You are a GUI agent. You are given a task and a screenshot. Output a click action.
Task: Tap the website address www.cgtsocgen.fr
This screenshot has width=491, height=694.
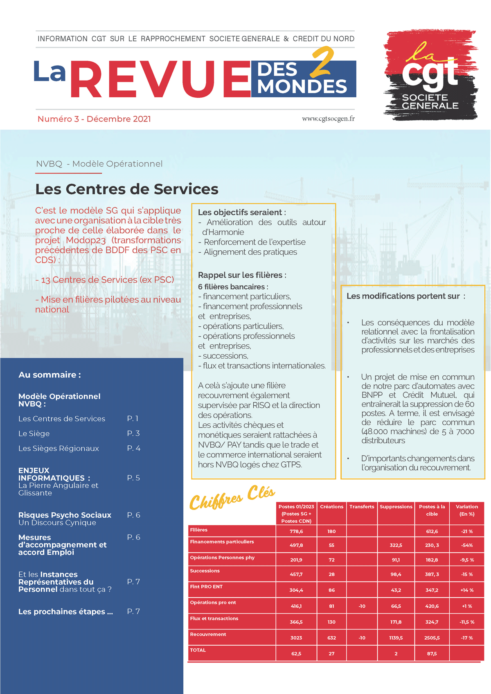pos(328,119)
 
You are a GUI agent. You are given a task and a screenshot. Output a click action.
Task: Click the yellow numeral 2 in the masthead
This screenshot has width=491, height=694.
pos(322,62)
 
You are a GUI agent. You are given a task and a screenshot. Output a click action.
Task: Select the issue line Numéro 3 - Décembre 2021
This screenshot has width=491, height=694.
pos(94,119)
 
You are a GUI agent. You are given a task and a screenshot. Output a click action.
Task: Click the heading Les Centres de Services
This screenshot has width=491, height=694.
pos(127,189)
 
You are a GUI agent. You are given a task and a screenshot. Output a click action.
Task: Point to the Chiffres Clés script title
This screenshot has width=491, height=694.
pos(232,496)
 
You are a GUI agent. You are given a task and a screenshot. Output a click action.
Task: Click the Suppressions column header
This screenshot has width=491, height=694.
pos(396,507)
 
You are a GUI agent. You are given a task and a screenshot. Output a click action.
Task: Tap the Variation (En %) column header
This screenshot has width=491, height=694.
pos(466,510)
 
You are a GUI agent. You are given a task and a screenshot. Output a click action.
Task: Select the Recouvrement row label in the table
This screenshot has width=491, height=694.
pos(208,634)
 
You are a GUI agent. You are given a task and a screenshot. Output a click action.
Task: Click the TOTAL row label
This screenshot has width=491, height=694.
pos(198,650)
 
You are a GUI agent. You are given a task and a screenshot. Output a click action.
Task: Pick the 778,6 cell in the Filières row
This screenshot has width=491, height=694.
pos(296,531)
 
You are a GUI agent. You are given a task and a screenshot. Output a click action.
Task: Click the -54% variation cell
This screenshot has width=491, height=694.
pos(466,545)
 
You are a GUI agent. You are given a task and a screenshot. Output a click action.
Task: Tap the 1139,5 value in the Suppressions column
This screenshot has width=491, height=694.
pos(396,638)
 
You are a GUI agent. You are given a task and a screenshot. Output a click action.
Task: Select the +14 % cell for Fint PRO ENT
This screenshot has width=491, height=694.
pos(466,590)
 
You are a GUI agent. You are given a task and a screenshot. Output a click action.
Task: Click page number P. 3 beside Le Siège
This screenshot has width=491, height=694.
pos(133,433)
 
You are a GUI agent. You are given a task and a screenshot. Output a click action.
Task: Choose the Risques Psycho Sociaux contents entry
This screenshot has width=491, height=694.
pos(65,515)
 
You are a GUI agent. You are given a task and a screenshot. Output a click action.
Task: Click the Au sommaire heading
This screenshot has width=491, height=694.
pos(50,375)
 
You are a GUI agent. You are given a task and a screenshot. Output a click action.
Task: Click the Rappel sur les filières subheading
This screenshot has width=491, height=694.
pos(242,275)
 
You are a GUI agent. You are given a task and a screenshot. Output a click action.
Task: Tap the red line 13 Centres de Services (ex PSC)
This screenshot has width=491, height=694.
pos(105,280)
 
